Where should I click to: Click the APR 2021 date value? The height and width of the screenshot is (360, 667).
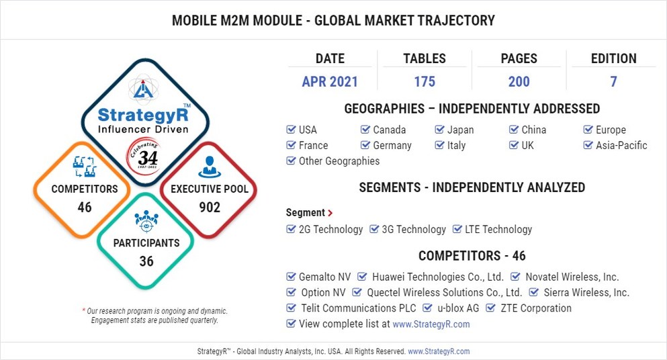tap(330, 82)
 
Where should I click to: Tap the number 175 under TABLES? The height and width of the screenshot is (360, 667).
tap(424, 82)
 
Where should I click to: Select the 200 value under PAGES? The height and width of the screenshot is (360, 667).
tap(519, 82)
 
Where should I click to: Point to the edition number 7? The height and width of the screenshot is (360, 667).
tap(613, 82)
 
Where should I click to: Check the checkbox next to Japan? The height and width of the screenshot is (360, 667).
tap(441, 130)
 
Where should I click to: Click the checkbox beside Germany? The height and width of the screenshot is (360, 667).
tap(365, 145)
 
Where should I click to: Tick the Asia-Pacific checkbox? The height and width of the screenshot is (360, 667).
tap(588, 145)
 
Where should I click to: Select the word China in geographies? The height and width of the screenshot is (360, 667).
tap(534, 130)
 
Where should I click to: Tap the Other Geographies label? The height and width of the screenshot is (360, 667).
tap(339, 161)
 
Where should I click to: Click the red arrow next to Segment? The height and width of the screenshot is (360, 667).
tap(330, 213)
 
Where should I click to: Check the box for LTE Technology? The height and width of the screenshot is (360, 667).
tap(458, 229)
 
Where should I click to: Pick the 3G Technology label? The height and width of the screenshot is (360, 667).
tap(414, 229)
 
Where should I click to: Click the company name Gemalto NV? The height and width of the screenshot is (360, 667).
tap(325, 277)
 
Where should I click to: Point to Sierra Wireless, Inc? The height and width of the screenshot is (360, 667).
tap(586, 292)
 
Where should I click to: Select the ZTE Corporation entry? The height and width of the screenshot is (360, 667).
tap(535, 308)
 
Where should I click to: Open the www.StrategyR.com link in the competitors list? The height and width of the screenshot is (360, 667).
tap(431, 324)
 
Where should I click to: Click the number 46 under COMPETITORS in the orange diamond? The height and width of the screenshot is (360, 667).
tap(85, 208)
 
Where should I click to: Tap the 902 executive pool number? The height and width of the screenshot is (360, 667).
tap(210, 208)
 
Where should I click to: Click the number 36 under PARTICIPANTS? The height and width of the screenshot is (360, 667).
tap(146, 261)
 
